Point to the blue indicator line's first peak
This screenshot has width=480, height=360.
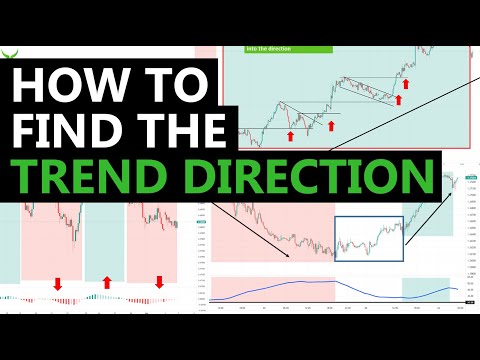[300, 281]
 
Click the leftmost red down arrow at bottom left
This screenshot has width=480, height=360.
[57, 284]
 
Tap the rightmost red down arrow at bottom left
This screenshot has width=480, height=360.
[157, 283]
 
